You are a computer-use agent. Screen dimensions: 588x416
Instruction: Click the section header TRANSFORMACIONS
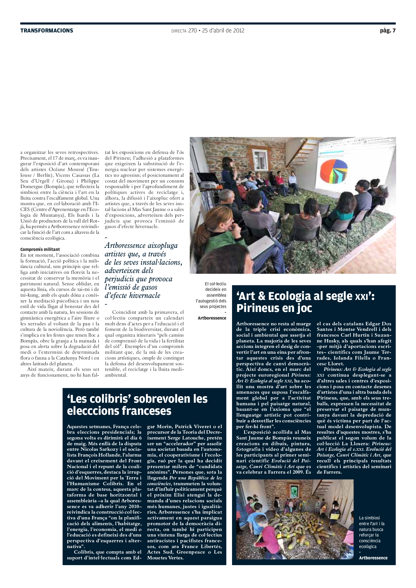point(47,31)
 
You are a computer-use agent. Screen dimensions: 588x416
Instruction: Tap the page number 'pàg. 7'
point(388,31)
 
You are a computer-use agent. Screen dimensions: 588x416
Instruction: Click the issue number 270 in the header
point(192,31)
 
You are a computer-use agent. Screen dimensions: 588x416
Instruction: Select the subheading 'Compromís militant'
point(40,249)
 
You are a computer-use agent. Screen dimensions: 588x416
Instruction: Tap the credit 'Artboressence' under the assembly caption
point(212,318)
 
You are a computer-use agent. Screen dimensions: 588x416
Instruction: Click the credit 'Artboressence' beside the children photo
point(373,558)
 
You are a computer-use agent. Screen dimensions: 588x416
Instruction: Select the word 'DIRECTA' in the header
point(179,31)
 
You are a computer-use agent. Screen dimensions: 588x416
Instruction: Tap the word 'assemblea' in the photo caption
point(216,295)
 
